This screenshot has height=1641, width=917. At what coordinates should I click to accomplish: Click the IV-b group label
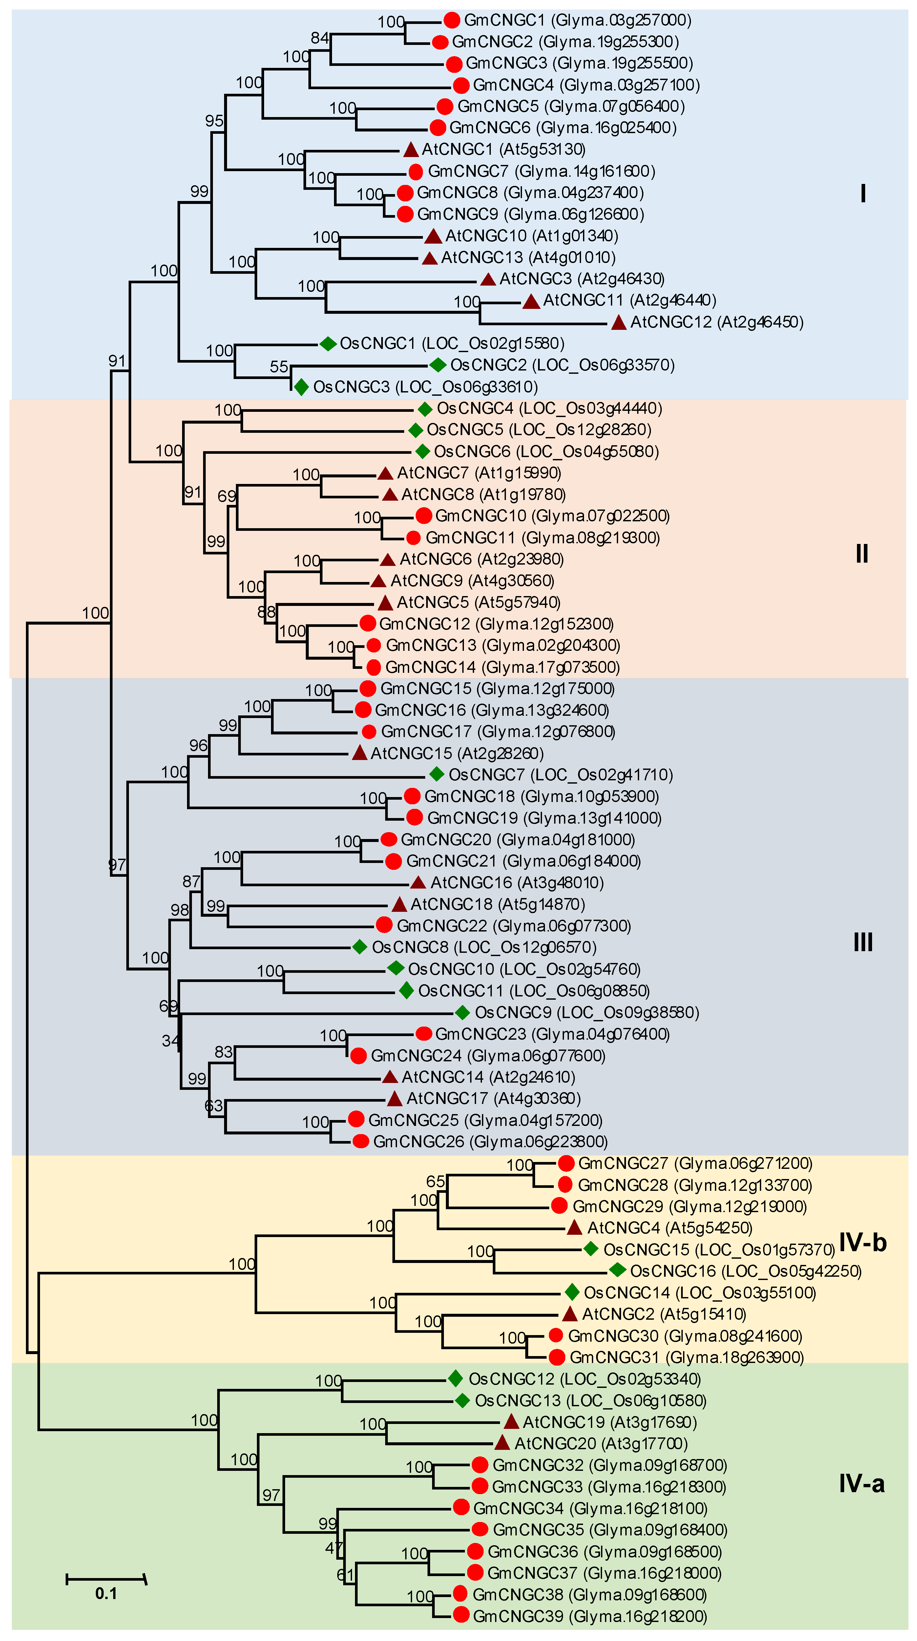(x=862, y=1242)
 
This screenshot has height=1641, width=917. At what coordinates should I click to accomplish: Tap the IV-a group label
(x=862, y=1484)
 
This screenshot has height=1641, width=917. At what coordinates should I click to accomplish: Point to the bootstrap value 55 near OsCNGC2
(x=279, y=367)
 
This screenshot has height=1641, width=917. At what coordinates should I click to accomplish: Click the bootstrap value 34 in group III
(x=170, y=1041)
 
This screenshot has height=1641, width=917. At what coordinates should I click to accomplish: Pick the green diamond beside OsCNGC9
(x=463, y=1012)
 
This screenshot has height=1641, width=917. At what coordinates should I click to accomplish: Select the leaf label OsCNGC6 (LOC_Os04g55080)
(x=546, y=452)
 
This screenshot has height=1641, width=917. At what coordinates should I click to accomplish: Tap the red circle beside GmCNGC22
(x=384, y=925)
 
